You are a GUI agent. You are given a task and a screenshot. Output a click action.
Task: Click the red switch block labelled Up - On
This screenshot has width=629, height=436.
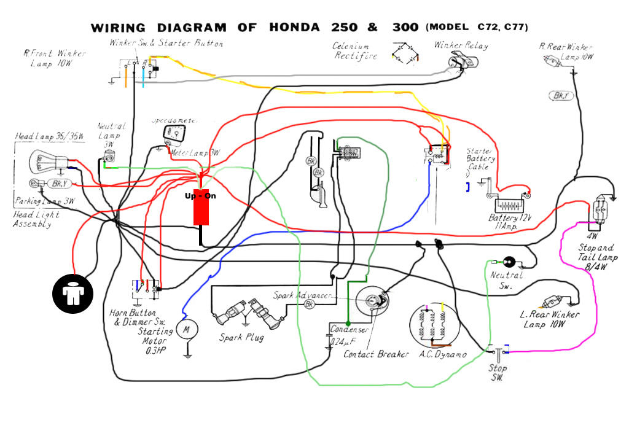(201, 208)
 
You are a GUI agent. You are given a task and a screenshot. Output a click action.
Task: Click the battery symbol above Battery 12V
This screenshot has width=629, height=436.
(508, 204)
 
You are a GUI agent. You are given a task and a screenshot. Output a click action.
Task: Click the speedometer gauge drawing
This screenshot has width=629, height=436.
(174, 132)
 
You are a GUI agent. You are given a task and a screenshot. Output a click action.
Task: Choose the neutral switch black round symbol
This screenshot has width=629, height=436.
(509, 262)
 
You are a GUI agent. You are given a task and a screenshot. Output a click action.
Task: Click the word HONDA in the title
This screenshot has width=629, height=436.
(294, 28)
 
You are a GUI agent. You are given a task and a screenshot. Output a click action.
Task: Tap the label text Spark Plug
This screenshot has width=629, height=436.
(241, 338)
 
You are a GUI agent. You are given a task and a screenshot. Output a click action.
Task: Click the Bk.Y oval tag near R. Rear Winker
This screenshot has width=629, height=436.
(561, 95)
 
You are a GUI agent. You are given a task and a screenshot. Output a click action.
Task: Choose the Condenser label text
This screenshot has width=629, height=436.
(349, 330)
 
